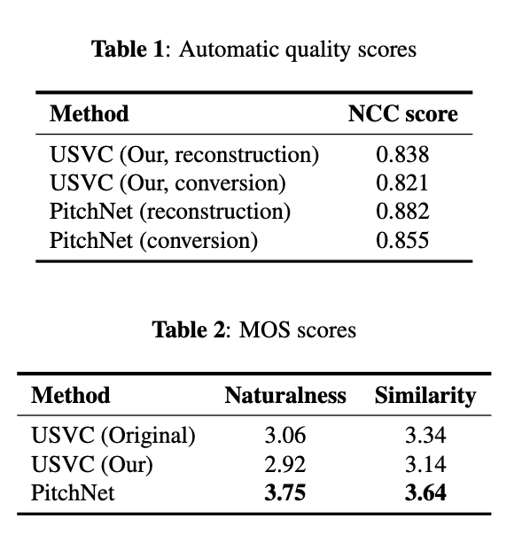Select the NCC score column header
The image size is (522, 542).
tap(402, 114)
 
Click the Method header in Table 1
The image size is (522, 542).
tap(89, 114)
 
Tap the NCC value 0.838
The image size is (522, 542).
tap(402, 156)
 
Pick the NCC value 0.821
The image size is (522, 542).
tap(402, 183)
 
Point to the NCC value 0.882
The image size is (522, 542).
tap(402, 212)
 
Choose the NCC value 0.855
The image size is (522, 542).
tap(402, 240)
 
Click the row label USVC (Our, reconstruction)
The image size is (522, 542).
tap(184, 156)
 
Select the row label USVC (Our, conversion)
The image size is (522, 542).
tap(168, 183)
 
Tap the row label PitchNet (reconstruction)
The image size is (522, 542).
tap(170, 212)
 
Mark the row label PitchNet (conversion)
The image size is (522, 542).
tap(153, 240)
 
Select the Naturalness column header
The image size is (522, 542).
tap(285, 395)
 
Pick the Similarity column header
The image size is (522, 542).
tap(425, 395)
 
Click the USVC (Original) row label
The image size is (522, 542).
tap(113, 437)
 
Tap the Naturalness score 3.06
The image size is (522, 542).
tap(285, 437)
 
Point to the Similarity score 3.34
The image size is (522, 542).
tap(425, 437)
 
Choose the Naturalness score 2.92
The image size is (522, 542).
tap(285, 465)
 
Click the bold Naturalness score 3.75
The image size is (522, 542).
tap(285, 493)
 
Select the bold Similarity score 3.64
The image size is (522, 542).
tap(425, 493)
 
